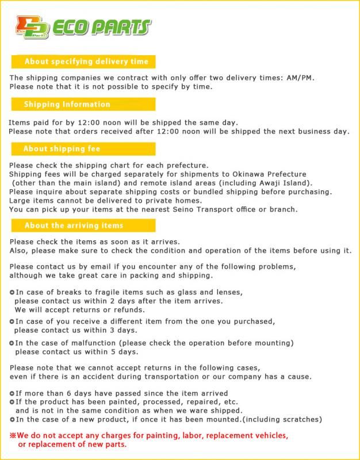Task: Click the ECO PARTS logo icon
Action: pos(32,27)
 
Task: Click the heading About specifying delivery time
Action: pos(86,62)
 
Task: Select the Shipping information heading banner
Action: pos(67,104)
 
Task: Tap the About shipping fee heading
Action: pos(62,148)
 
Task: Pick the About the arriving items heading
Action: pos(74,225)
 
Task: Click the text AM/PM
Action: pos(300,78)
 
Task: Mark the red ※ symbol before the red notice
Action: pos(13,436)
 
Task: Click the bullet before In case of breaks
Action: pos(12,292)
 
